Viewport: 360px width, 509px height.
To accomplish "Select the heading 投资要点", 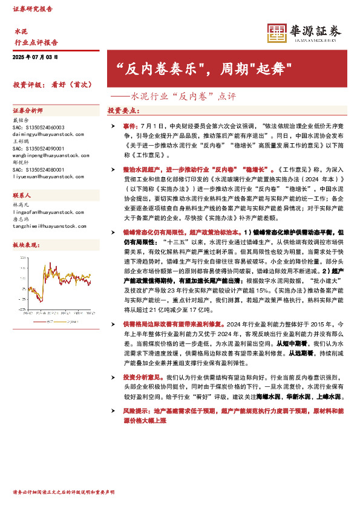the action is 123,111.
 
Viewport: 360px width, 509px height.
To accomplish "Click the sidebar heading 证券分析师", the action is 27,111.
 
